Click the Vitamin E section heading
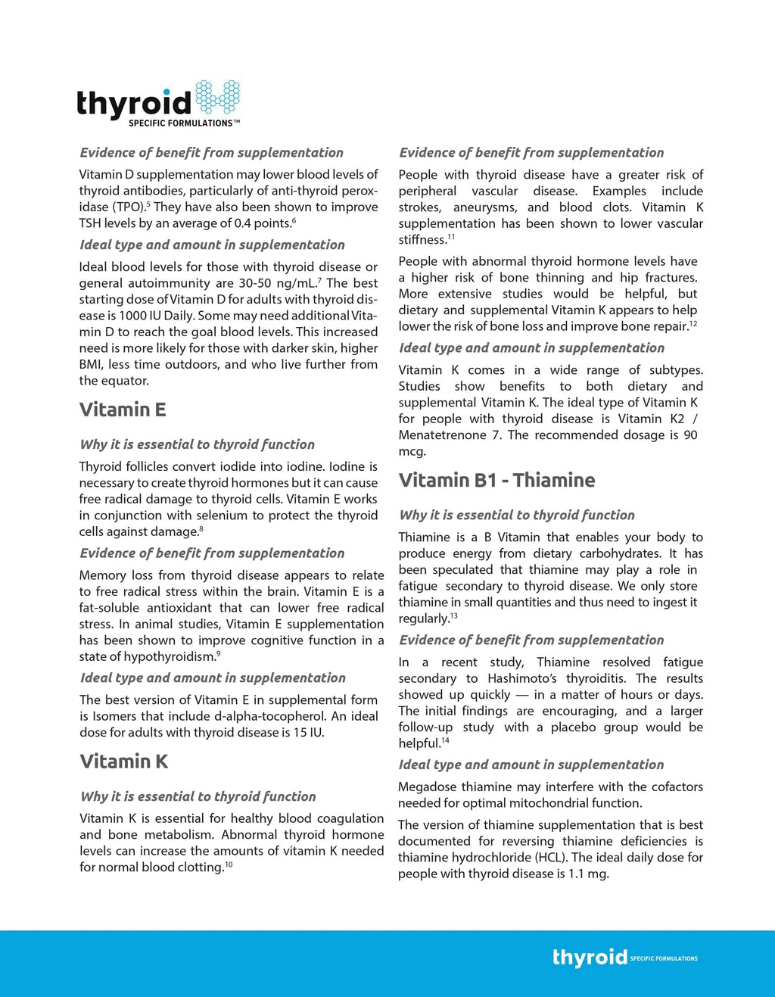[123, 410]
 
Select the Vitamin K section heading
[124, 762]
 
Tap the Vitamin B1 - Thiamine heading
[496, 480]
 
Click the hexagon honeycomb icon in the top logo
[218, 98]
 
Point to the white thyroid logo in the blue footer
[590, 958]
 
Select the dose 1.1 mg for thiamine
[587, 874]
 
